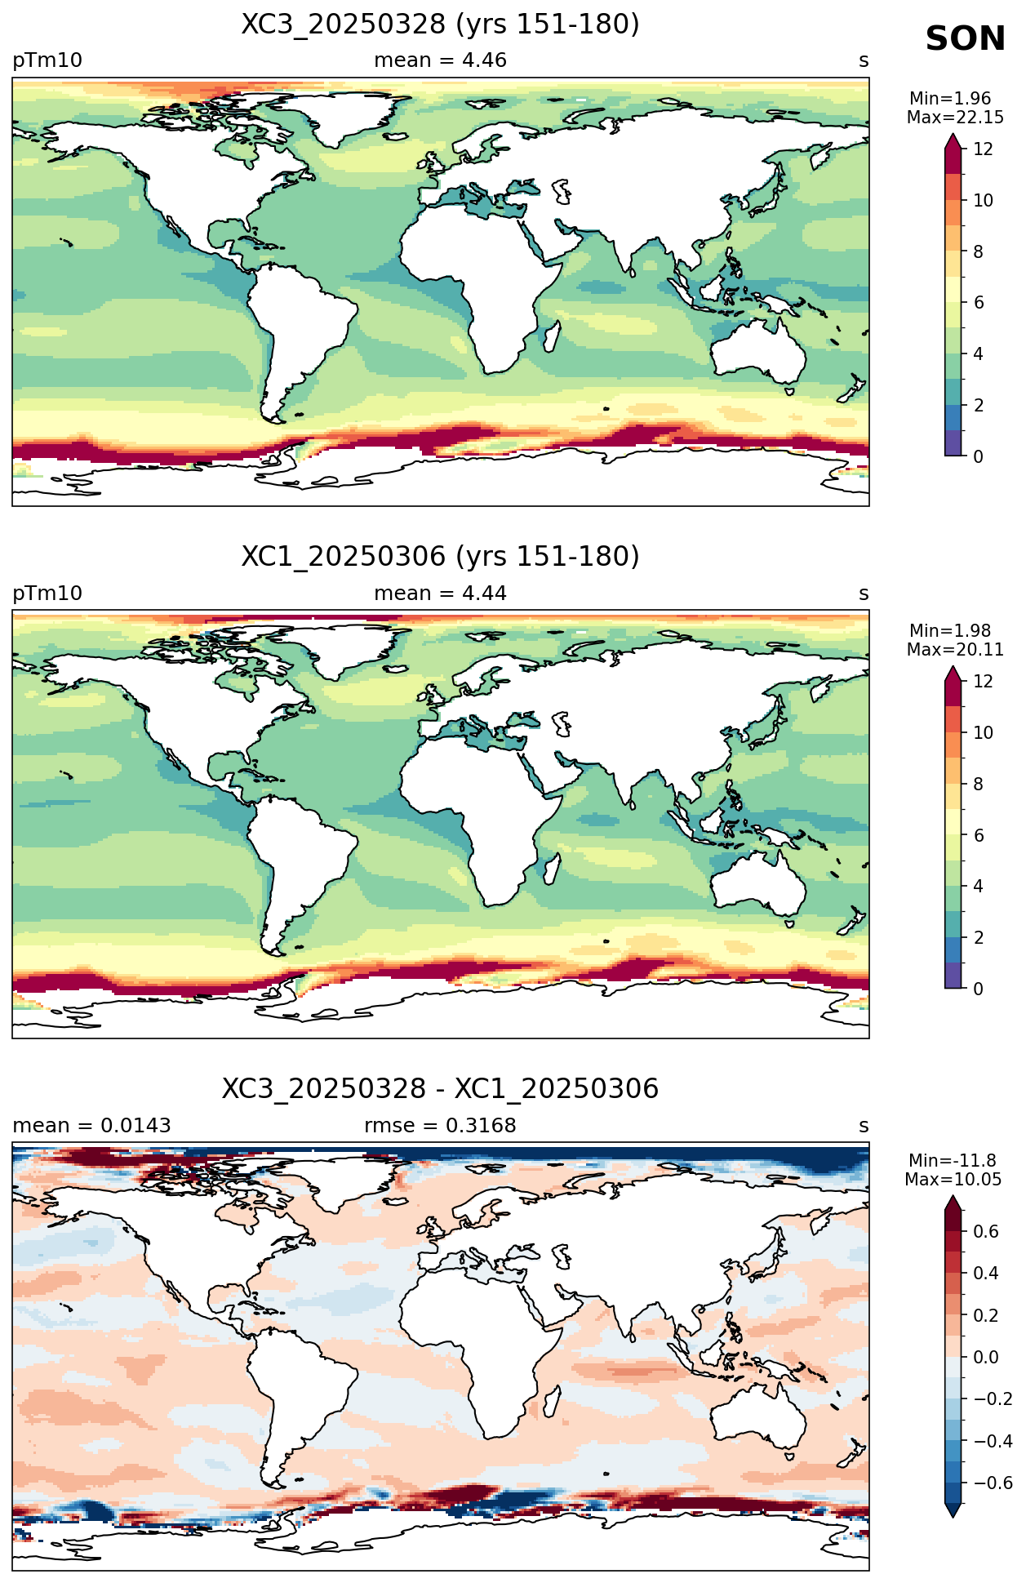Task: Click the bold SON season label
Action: pyautogui.click(x=965, y=39)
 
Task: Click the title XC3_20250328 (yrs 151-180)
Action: pyautogui.click(x=440, y=24)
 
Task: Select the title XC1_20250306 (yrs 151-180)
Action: pyautogui.click(x=440, y=557)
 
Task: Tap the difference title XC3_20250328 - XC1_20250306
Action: pyautogui.click(x=440, y=1089)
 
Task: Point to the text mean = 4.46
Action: pyautogui.click(x=440, y=60)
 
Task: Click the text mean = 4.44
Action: pyautogui.click(x=440, y=594)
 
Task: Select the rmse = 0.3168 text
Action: pyautogui.click(x=440, y=1126)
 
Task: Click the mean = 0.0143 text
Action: pyautogui.click(x=91, y=1126)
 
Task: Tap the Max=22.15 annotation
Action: pyautogui.click(x=955, y=118)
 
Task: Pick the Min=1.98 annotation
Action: pyautogui.click(x=950, y=631)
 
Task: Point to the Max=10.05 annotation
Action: pyautogui.click(x=952, y=1180)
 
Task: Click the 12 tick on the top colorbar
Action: pyautogui.click(x=983, y=149)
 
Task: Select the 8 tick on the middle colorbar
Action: pyautogui.click(x=978, y=784)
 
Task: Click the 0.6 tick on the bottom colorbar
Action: pyautogui.click(x=986, y=1231)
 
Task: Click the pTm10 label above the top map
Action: pyautogui.click(x=47, y=60)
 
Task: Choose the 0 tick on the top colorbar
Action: pyautogui.click(x=978, y=456)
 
